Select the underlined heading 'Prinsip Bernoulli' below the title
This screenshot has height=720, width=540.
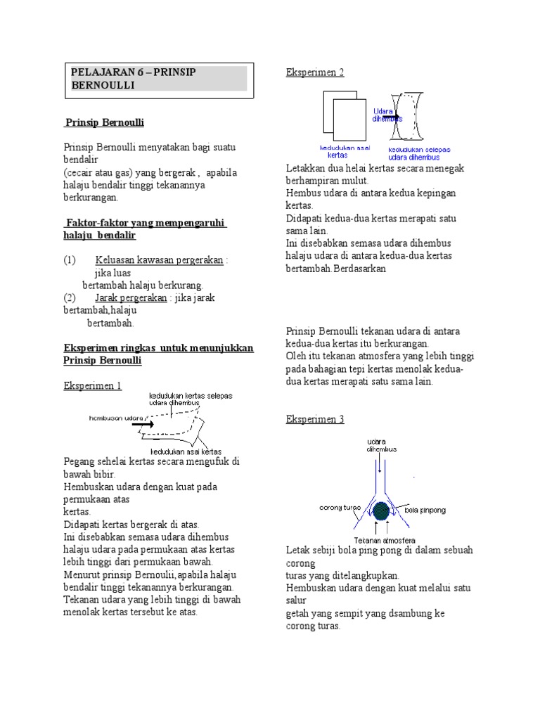[x=104, y=122]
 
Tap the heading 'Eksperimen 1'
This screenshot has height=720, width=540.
[x=92, y=385]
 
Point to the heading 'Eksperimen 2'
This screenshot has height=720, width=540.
[x=315, y=72]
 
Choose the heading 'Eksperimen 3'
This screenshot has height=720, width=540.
[x=315, y=419]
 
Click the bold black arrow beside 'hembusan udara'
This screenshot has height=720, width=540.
[x=143, y=423]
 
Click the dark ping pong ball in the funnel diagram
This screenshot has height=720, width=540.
[x=382, y=509]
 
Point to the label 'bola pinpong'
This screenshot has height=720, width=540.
[x=425, y=509]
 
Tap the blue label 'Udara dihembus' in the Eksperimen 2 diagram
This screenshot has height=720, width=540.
[x=383, y=115]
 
